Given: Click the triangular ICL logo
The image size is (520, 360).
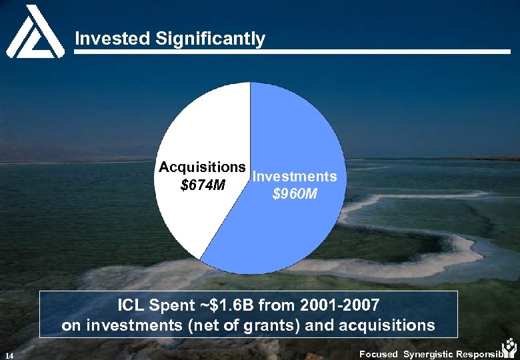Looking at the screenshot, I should tap(31, 31).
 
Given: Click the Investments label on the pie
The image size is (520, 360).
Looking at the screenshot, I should tap(295, 177).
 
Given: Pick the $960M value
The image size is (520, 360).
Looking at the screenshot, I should tap(295, 195).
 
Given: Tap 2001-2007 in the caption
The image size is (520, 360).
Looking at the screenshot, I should tap(341, 306).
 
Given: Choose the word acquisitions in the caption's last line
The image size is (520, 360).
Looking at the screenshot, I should tap(389, 326).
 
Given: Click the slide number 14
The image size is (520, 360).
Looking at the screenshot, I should tap(8, 355).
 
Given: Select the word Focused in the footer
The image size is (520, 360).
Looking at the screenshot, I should tap(378, 354).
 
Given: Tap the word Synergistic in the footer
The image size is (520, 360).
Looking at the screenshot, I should tap(428, 354).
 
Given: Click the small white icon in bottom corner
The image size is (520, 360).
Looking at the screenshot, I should tap(509, 348).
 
